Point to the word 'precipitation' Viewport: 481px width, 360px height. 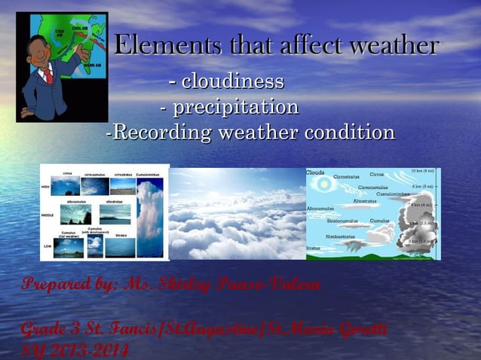[236, 107]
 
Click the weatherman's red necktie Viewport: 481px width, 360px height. [48, 73]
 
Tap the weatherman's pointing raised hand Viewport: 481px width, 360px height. [83, 53]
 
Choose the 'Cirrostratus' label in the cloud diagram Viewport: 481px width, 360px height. [346, 177]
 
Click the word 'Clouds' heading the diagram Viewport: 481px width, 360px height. [315, 172]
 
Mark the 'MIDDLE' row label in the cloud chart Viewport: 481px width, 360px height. [46, 215]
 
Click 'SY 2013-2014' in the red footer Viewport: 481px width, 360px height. [74, 349]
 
